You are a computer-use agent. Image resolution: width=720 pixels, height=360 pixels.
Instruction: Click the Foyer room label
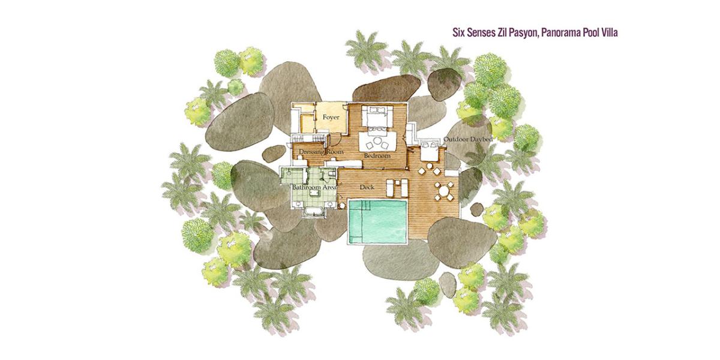[x=331, y=118]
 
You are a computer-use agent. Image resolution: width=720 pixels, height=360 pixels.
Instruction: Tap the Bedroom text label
[x=377, y=156]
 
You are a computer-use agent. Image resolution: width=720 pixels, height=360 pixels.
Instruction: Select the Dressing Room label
[x=321, y=152]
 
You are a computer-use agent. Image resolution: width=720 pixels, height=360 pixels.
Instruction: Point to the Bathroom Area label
[x=314, y=187]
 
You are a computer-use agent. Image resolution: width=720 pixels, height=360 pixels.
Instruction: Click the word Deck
[x=367, y=187]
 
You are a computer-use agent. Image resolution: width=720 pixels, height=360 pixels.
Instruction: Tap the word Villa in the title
[x=610, y=33]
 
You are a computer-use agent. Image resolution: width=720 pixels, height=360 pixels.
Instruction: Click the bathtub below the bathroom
[x=313, y=212]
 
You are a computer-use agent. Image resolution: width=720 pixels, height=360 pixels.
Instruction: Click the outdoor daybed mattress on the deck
[x=429, y=151]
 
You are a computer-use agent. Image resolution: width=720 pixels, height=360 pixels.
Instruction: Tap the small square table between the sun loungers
[x=397, y=182]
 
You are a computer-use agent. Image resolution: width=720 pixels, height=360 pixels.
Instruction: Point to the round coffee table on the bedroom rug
[x=377, y=141]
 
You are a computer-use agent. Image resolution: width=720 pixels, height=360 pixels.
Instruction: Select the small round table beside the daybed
[x=430, y=166]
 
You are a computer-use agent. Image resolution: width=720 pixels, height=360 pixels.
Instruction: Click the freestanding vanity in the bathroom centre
[x=314, y=193]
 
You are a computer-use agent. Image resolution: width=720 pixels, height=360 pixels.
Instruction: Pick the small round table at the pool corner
[x=343, y=204]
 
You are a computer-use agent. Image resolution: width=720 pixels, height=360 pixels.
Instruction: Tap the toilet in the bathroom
[x=331, y=174]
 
